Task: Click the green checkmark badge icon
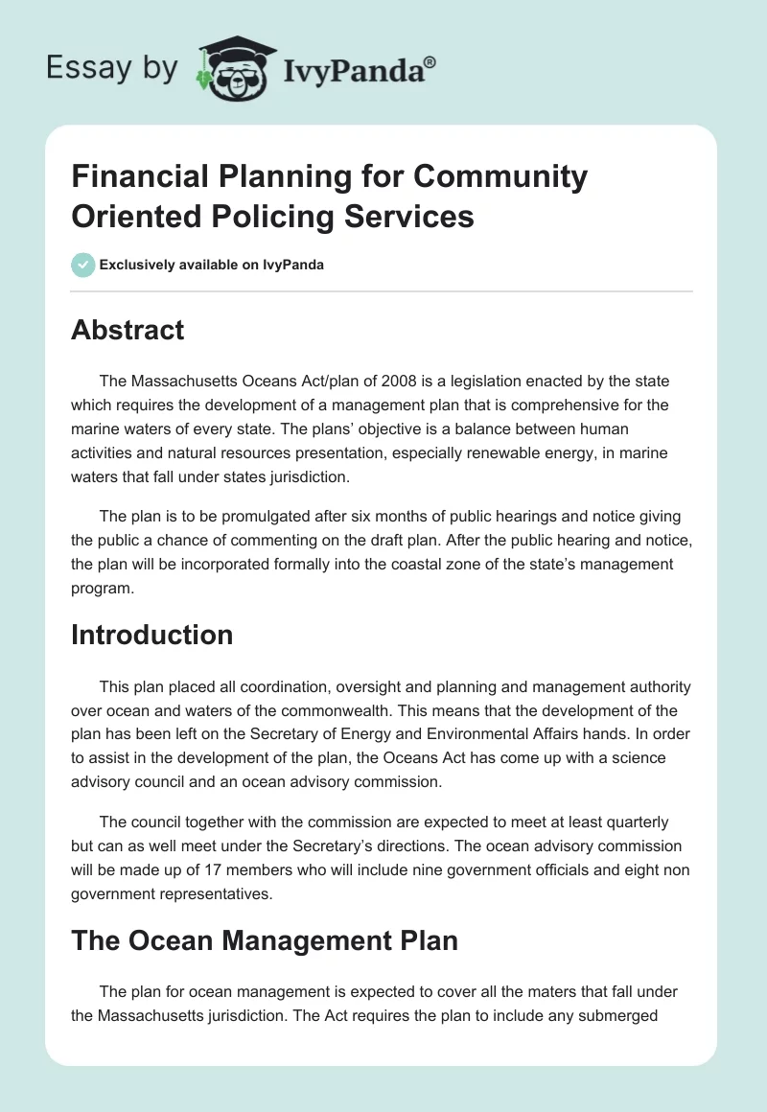82,265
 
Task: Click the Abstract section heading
128,331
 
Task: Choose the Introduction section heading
152,635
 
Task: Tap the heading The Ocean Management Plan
265,940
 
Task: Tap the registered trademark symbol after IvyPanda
430,62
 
